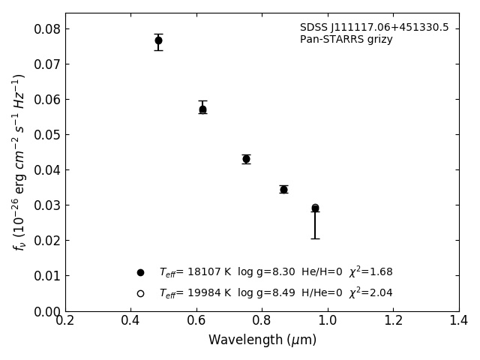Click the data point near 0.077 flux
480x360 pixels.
point(158,40)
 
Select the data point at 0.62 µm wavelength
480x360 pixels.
point(202,109)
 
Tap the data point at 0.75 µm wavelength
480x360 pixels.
point(246,159)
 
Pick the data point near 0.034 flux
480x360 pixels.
point(283,189)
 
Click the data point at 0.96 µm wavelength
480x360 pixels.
point(315,208)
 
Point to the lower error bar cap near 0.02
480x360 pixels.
point(315,238)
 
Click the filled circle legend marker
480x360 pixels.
point(140,272)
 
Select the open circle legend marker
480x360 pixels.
point(140,293)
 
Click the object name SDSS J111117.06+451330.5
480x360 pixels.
point(374,28)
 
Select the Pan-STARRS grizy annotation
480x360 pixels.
point(346,40)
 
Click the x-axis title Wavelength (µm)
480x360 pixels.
point(262,340)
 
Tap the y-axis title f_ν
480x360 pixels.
point(19,161)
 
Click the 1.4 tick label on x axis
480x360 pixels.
point(459,321)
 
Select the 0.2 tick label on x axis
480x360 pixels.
point(65,321)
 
